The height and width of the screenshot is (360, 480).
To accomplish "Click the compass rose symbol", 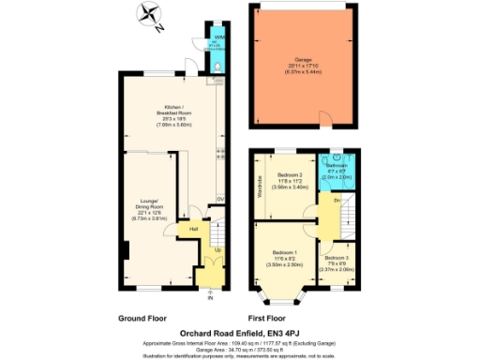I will click(x=147, y=16).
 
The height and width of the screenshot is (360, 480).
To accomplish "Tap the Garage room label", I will click(x=303, y=58).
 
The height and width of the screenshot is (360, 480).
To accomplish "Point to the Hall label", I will click(x=194, y=228).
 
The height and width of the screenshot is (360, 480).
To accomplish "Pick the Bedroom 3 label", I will click(x=335, y=256).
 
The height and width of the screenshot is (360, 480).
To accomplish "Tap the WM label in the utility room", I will click(x=217, y=37).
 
